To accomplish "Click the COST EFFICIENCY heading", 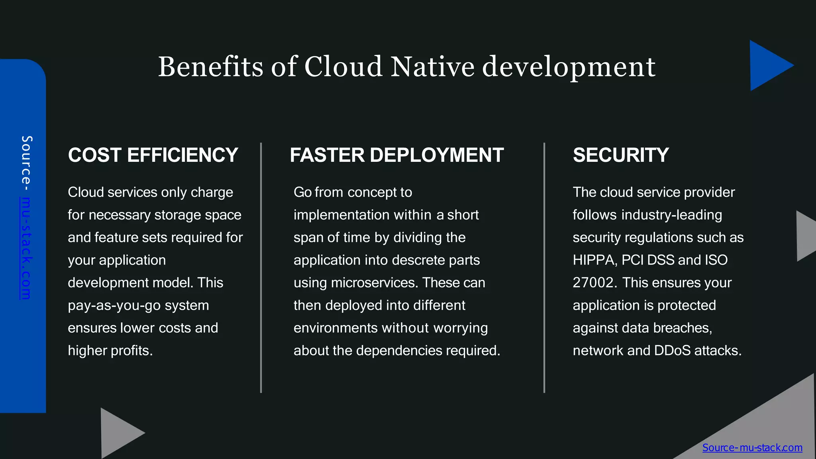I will coord(153,155).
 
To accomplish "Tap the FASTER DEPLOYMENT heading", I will coord(396,155).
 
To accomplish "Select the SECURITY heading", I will coord(621,155).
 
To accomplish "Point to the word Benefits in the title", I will coord(210,67).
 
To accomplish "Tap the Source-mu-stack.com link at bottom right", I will coord(752,447).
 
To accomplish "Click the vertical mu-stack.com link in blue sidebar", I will coord(25,248).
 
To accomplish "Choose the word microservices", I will coord(375,282).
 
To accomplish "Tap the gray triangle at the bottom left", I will coord(118,433).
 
